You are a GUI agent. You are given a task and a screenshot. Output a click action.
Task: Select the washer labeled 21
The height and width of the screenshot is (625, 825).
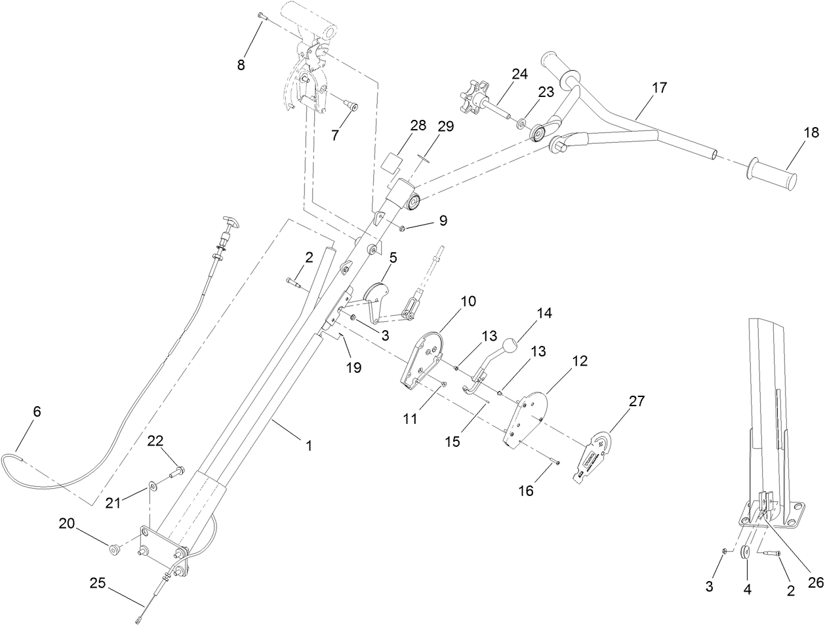tap(153, 485)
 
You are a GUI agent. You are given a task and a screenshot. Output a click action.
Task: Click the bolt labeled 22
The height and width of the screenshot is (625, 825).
tap(177, 470)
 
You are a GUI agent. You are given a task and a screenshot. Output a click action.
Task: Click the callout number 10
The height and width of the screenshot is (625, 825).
tap(468, 301)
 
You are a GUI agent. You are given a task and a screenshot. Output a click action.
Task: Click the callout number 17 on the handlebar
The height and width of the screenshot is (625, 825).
tap(659, 87)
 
